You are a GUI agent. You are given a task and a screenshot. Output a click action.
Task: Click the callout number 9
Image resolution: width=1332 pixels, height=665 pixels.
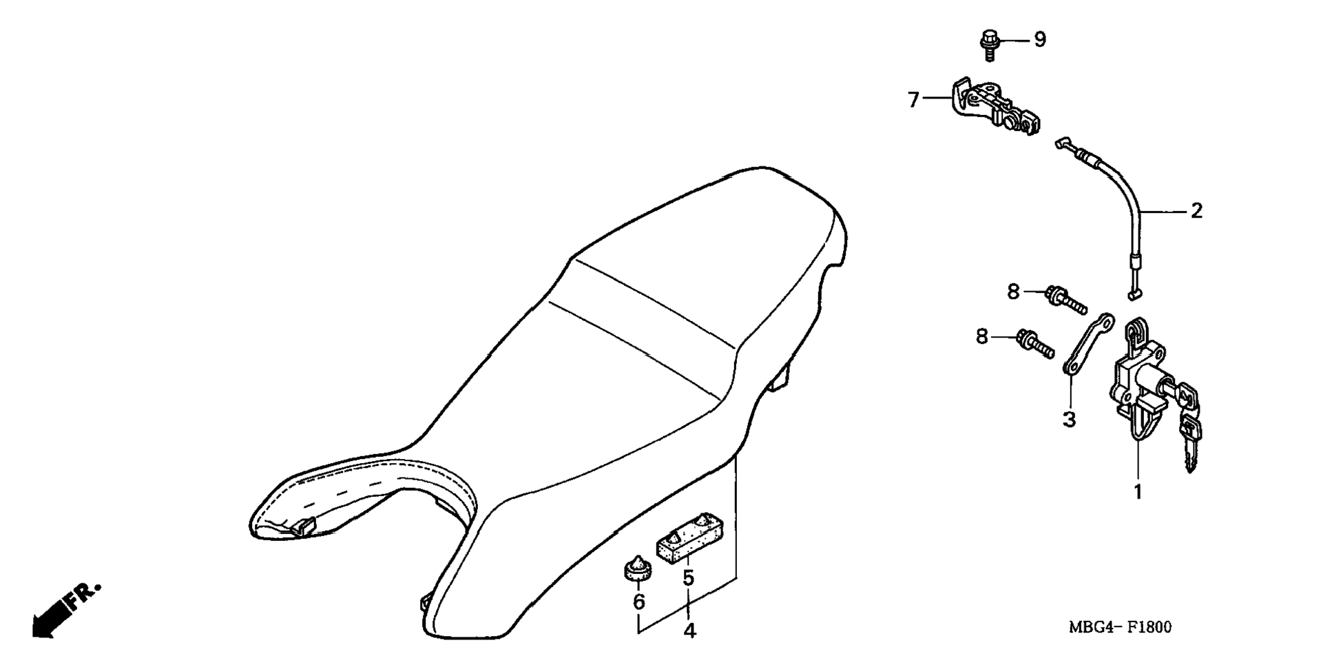click(1039, 40)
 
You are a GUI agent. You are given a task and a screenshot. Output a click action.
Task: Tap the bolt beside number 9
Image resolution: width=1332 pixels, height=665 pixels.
click(989, 45)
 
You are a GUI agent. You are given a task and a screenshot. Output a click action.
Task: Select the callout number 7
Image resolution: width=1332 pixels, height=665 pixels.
click(914, 101)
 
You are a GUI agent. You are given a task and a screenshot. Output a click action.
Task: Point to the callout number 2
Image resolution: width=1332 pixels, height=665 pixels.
click(1197, 211)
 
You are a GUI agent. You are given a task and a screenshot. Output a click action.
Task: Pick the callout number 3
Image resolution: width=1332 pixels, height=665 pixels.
click(1069, 418)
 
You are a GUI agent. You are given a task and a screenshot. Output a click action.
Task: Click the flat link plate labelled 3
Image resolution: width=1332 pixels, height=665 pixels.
click(1088, 345)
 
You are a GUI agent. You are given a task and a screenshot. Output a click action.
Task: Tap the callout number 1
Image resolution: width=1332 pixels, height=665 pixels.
click(1138, 492)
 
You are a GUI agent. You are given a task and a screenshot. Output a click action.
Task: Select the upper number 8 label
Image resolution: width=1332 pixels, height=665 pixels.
click(1013, 291)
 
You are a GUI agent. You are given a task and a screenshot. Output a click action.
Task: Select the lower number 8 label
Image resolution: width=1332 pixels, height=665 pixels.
click(981, 337)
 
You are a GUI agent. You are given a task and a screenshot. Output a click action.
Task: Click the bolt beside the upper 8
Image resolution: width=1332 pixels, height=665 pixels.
click(1066, 299)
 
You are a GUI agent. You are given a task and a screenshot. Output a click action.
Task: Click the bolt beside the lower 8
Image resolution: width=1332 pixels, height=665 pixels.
click(1034, 344)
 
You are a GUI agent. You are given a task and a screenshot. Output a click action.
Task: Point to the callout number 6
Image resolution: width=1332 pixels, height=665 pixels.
click(639, 602)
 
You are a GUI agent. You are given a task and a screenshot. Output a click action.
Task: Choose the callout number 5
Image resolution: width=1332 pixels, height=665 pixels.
click(689, 578)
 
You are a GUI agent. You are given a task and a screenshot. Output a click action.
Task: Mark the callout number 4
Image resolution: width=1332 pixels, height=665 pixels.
click(689, 630)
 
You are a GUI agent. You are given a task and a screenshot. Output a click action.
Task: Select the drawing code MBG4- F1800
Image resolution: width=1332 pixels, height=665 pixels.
click(1120, 627)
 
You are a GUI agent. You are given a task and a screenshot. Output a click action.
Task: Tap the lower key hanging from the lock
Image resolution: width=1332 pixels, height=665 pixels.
click(1191, 444)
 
